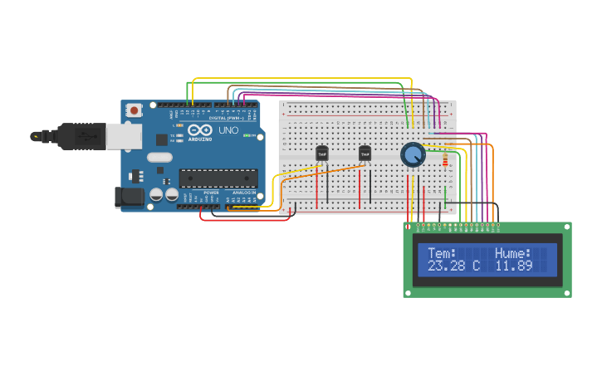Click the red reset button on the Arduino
click(134, 110)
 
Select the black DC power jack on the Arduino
click(130, 197)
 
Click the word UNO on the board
click(228, 131)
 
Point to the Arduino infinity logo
click(200, 130)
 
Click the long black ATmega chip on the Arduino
click(218, 178)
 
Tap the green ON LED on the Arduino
click(246, 135)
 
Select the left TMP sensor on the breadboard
click(322, 154)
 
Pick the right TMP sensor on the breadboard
click(365, 154)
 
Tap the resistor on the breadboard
click(445, 159)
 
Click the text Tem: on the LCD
click(442, 253)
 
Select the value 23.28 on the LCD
click(446, 266)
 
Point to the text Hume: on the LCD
click(512, 253)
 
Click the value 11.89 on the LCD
click(513, 266)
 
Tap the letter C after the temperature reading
click(476, 266)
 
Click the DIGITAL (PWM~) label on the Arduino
click(209, 118)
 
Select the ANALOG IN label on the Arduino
click(243, 193)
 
